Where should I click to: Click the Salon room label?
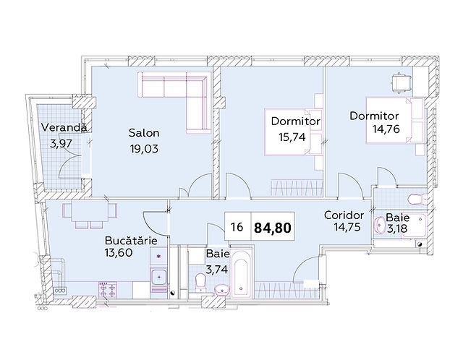tap(144, 133)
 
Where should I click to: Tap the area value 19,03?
tap(144, 149)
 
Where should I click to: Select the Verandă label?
tap(64, 127)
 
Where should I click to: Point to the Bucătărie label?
tap(131, 241)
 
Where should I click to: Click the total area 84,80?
tap(273, 228)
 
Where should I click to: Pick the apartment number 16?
tap(237, 227)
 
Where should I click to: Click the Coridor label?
tap(344, 215)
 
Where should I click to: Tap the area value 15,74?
tap(292, 137)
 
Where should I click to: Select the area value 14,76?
tap(386, 129)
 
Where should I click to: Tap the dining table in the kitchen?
tap(90, 211)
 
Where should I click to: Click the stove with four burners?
tap(107, 289)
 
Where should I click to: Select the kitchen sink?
tap(159, 278)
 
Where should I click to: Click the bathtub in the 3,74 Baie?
tap(241, 274)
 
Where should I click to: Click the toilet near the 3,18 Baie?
tap(417, 200)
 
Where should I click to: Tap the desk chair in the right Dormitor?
tap(401, 82)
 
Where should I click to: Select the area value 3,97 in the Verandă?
tap(61, 144)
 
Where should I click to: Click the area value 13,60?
tap(118, 253)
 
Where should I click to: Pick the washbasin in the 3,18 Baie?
tap(379, 225)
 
